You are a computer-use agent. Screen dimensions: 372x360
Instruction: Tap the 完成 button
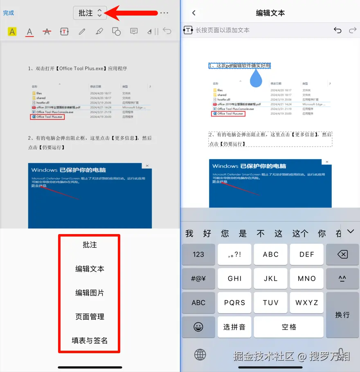click(x=9, y=13)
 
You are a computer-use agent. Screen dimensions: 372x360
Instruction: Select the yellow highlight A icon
click(x=12, y=32)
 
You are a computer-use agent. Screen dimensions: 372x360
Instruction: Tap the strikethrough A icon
click(x=47, y=32)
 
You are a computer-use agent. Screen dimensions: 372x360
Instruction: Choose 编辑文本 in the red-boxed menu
click(x=90, y=269)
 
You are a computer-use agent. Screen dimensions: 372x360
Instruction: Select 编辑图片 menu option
click(x=90, y=293)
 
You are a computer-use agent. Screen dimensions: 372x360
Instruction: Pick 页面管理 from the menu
click(x=90, y=316)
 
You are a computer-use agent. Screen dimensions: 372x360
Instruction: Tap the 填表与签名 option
click(x=90, y=340)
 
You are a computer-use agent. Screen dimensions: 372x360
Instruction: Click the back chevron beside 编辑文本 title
click(x=194, y=13)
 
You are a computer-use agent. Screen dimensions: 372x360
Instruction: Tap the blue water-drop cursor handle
click(x=256, y=79)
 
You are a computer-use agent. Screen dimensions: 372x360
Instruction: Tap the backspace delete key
click(x=342, y=255)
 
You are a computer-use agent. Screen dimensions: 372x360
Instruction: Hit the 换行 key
click(x=342, y=315)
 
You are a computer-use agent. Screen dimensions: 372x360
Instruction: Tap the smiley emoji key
click(x=198, y=327)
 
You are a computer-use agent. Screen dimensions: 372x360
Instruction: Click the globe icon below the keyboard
click(x=200, y=354)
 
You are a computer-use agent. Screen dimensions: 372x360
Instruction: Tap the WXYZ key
click(x=306, y=303)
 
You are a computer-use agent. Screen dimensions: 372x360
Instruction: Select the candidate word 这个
click(x=300, y=234)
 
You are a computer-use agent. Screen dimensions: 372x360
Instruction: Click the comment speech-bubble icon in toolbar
click(x=134, y=32)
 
